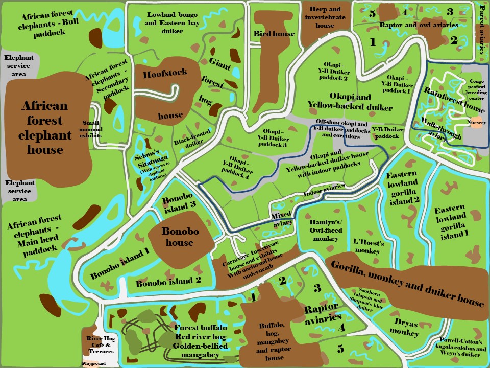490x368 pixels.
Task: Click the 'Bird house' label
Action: (x=274, y=34)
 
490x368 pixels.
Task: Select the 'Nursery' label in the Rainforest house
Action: (x=478, y=123)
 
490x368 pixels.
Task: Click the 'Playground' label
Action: (x=93, y=363)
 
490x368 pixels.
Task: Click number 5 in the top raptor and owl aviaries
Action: (x=372, y=13)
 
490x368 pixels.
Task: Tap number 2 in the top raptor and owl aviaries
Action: (x=453, y=39)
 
